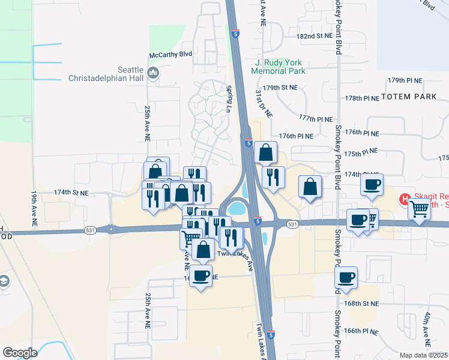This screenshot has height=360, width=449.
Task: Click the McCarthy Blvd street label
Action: point(171,54)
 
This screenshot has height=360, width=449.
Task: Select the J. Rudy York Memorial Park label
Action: point(280,67)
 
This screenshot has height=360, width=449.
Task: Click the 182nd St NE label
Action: point(314,37)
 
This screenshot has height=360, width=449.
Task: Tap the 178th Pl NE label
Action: point(363,98)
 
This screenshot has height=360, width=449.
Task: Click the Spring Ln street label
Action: point(229,99)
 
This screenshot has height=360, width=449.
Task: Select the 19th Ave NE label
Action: point(34,208)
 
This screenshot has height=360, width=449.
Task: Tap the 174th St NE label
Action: point(71,193)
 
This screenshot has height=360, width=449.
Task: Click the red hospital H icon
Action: point(405,199)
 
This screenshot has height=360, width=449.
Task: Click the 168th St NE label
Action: point(363,304)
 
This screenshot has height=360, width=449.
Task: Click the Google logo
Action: point(20,352)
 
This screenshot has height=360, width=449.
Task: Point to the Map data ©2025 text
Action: point(424,355)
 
